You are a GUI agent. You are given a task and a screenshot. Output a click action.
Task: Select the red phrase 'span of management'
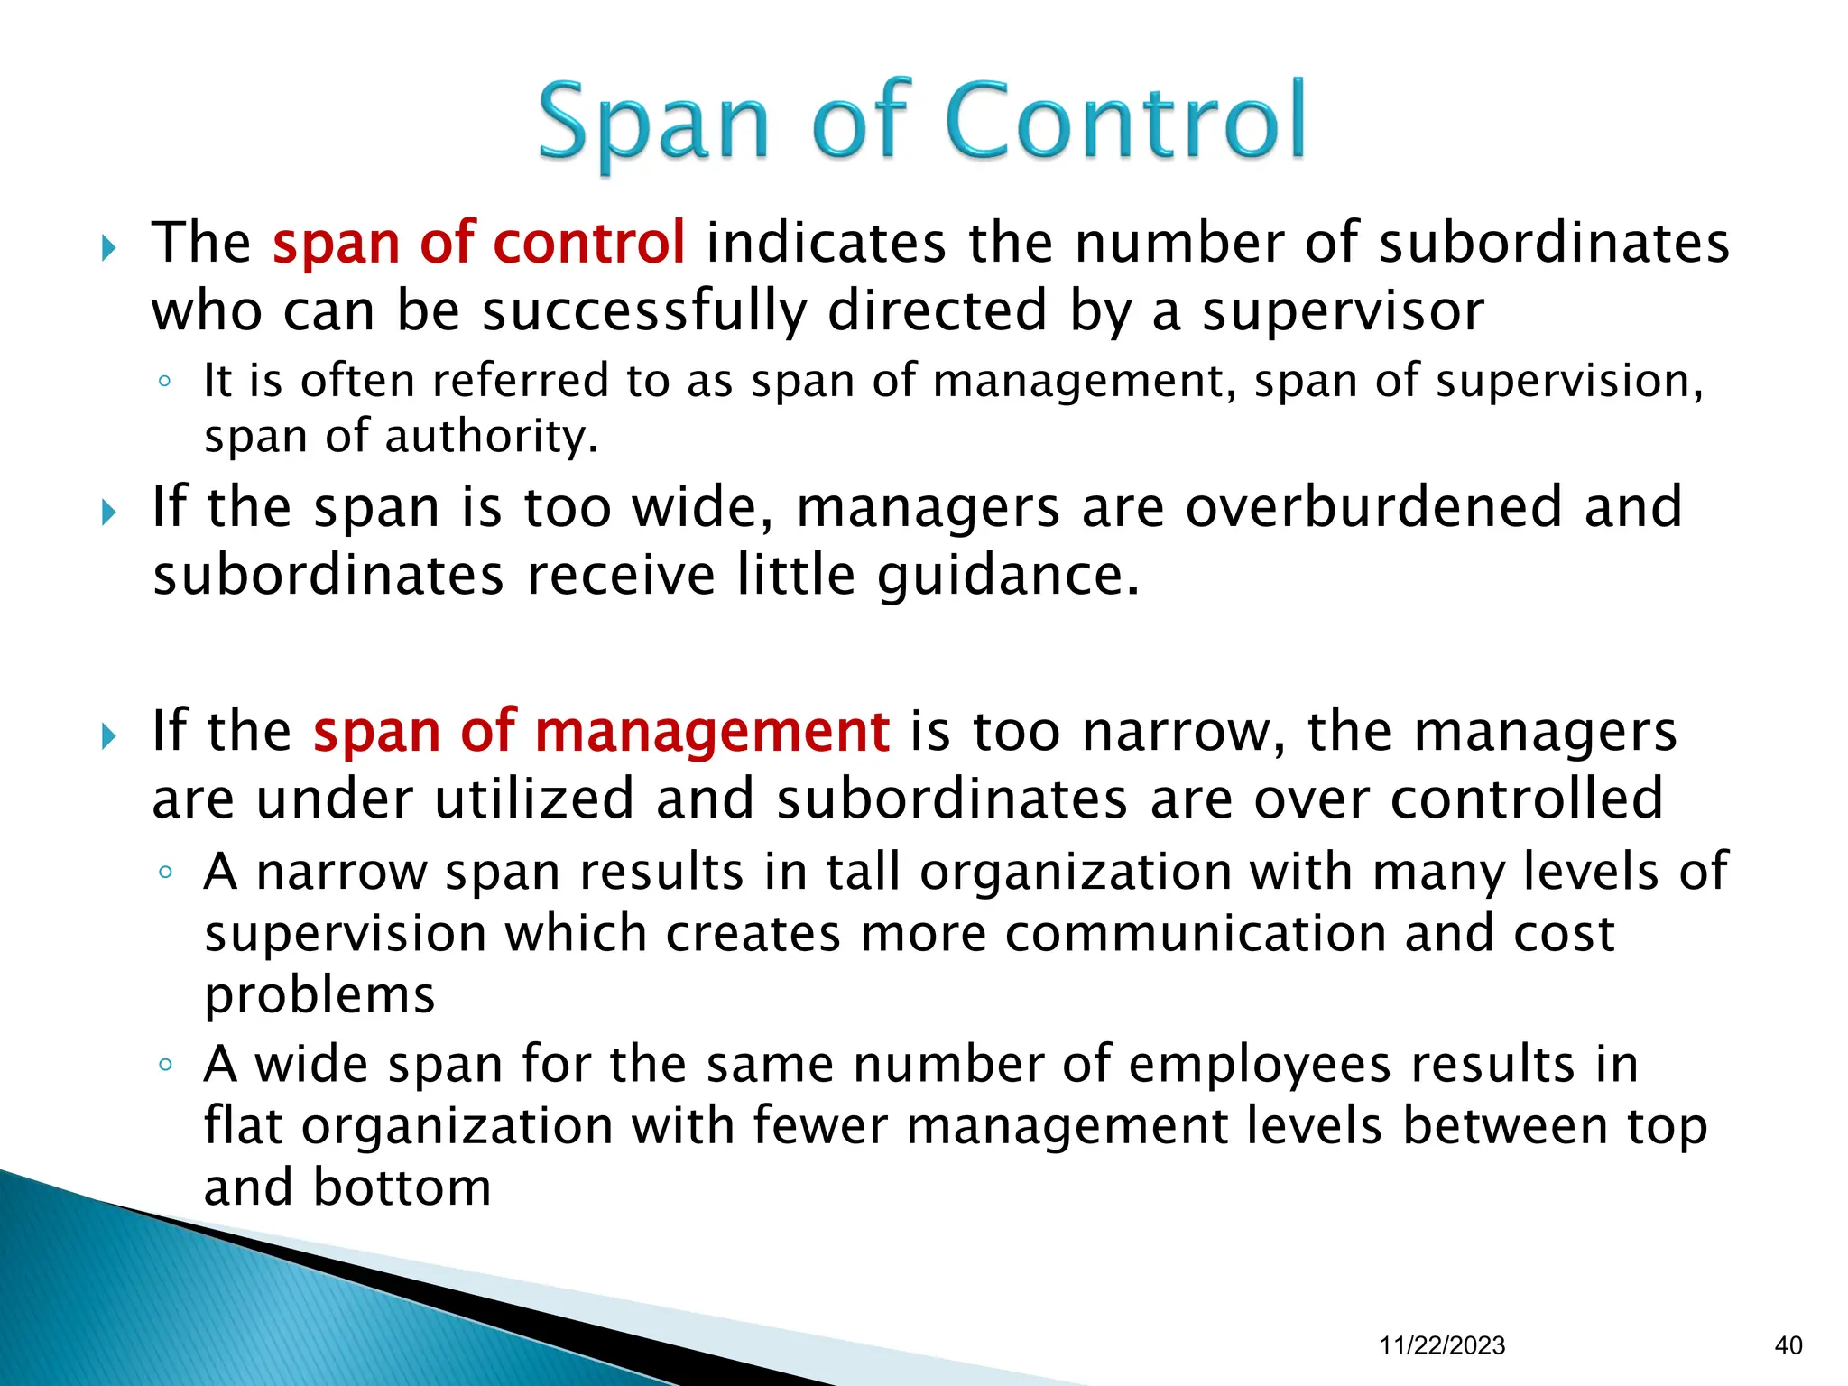coord(601,731)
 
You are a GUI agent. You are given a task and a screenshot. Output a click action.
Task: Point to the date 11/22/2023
coord(1442,1345)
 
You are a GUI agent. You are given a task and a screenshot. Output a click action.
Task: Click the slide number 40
coord(1788,1345)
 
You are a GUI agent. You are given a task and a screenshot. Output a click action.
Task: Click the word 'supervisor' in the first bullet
coord(1343,311)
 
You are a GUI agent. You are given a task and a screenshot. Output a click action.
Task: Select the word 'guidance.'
coord(1009,576)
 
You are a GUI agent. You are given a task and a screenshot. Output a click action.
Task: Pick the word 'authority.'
coord(492,437)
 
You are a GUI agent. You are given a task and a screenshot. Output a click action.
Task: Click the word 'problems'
coord(319,995)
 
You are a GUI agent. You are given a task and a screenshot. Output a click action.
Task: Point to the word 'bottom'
coord(402,1187)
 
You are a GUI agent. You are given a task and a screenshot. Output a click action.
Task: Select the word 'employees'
coord(1260,1065)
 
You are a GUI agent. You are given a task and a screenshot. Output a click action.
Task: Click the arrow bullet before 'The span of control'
coord(109,247)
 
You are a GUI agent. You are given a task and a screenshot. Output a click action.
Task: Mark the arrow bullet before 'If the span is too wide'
coord(109,513)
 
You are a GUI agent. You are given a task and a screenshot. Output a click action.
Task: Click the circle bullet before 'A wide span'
coord(164,1065)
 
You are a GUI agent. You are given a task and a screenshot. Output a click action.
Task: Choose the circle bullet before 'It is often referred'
coord(164,381)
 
